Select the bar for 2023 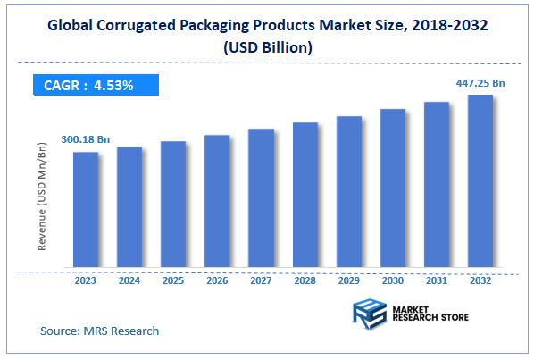tap(86, 210)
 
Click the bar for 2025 tap(173, 205)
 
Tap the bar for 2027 tap(261, 198)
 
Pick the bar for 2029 tap(348, 192)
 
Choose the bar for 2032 tap(480, 181)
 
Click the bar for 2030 tap(392, 188)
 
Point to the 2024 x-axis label tap(129, 280)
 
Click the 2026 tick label tap(217, 280)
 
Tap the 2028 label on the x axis tap(305, 280)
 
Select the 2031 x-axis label tap(436, 280)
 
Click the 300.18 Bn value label tap(87, 140)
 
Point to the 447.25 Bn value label tap(480, 82)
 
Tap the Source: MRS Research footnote tap(99, 331)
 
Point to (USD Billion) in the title tap(267, 47)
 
